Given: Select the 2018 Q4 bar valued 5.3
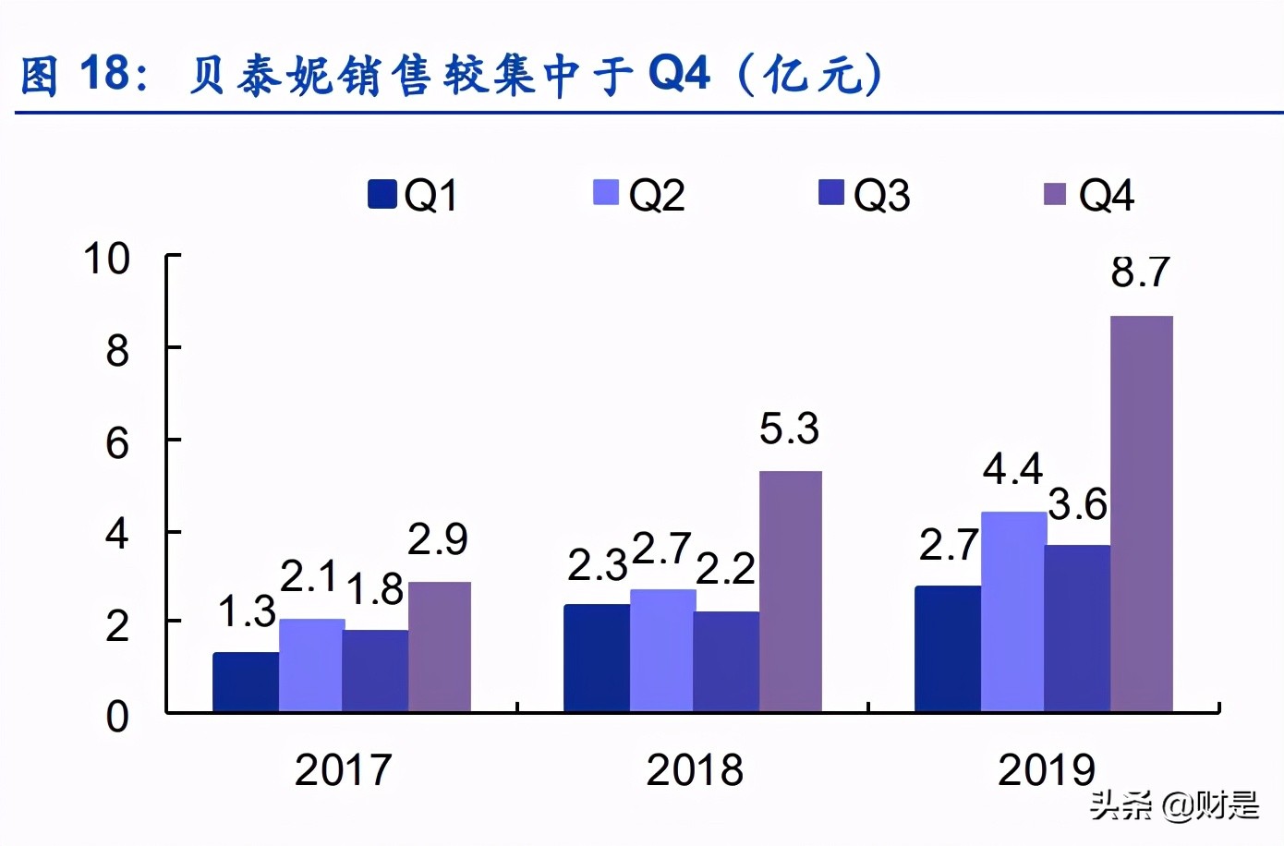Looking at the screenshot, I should pyautogui.click(x=791, y=591).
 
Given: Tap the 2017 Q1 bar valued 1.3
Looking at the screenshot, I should pyautogui.click(x=246, y=682).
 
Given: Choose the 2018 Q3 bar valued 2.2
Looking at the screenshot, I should pyautogui.click(x=726, y=661).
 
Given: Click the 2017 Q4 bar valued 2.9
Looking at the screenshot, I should pyautogui.click(x=440, y=647).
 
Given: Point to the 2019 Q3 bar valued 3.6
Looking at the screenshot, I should pyautogui.click(x=1077, y=628).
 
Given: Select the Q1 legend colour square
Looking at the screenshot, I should pyautogui.click(x=382, y=194).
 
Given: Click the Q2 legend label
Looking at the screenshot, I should pyautogui.click(x=657, y=196).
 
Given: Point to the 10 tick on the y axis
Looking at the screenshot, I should pyautogui.click(x=107, y=260).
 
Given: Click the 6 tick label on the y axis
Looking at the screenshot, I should pyautogui.click(x=117, y=443).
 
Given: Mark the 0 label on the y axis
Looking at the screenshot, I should pyautogui.click(x=117, y=717).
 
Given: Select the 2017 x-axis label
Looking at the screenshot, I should pyautogui.click(x=343, y=770).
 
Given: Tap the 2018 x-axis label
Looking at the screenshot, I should pyautogui.click(x=695, y=770).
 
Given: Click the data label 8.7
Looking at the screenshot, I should pyautogui.click(x=1141, y=272).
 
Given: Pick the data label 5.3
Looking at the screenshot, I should pyautogui.click(x=790, y=429).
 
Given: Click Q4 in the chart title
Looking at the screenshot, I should pyautogui.click(x=680, y=74).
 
